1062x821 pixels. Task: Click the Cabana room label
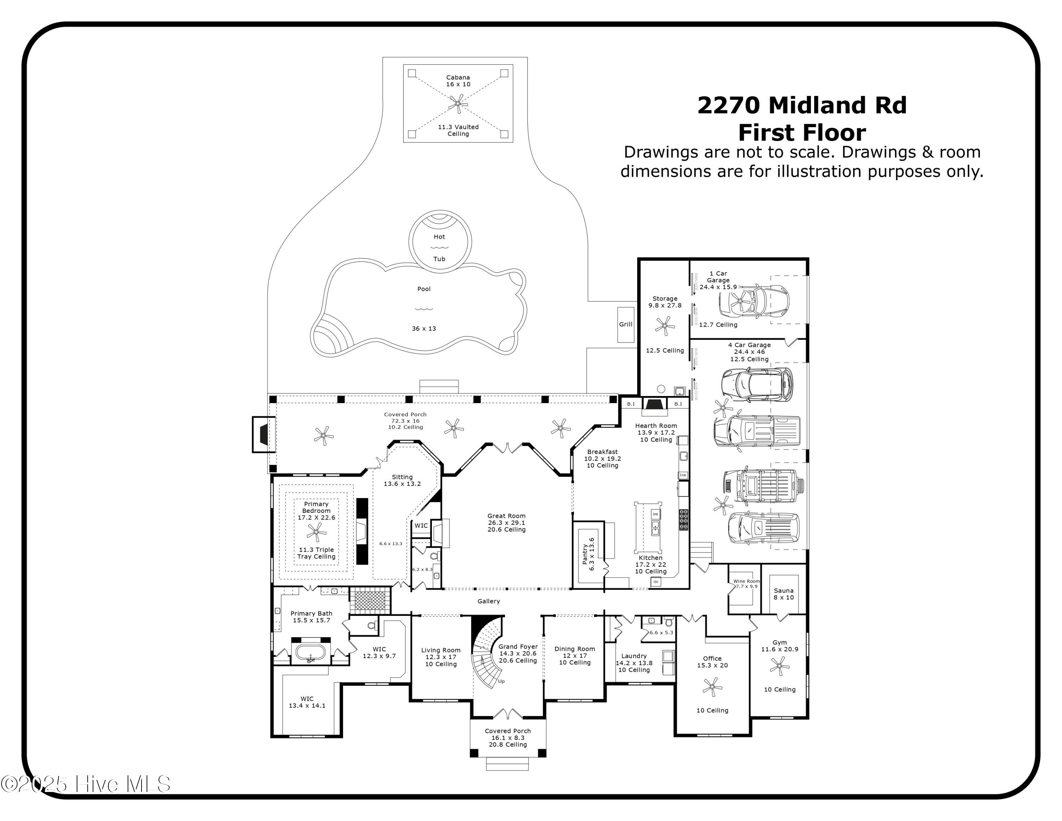[458, 81]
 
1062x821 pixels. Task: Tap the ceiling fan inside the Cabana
[458, 103]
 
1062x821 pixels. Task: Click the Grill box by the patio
[625, 324]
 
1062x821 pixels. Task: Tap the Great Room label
[506, 522]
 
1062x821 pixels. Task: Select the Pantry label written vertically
[588, 554]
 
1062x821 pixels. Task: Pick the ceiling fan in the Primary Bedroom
[316, 532]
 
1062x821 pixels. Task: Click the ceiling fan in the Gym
[780, 666]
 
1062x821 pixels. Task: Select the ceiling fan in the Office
[712, 687]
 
